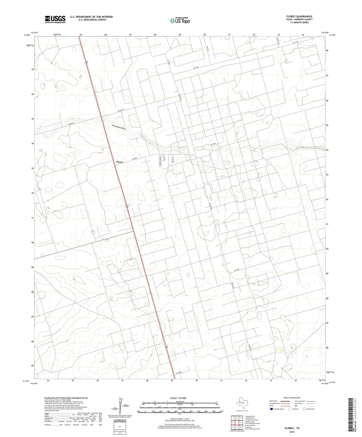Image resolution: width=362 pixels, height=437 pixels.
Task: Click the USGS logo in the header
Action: [55, 19]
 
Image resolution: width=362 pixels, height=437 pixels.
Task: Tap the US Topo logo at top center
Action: [180, 21]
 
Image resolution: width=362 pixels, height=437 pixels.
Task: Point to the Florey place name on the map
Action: [120, 162]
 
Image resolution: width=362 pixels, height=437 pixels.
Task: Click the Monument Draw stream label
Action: [119, 127]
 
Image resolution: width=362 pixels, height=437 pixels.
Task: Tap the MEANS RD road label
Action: [120, 110]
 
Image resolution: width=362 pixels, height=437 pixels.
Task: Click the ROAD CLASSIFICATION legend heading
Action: [292, 398]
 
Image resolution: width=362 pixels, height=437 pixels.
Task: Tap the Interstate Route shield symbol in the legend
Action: [272, 409]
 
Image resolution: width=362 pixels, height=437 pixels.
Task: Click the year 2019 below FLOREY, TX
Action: [292, 432]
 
